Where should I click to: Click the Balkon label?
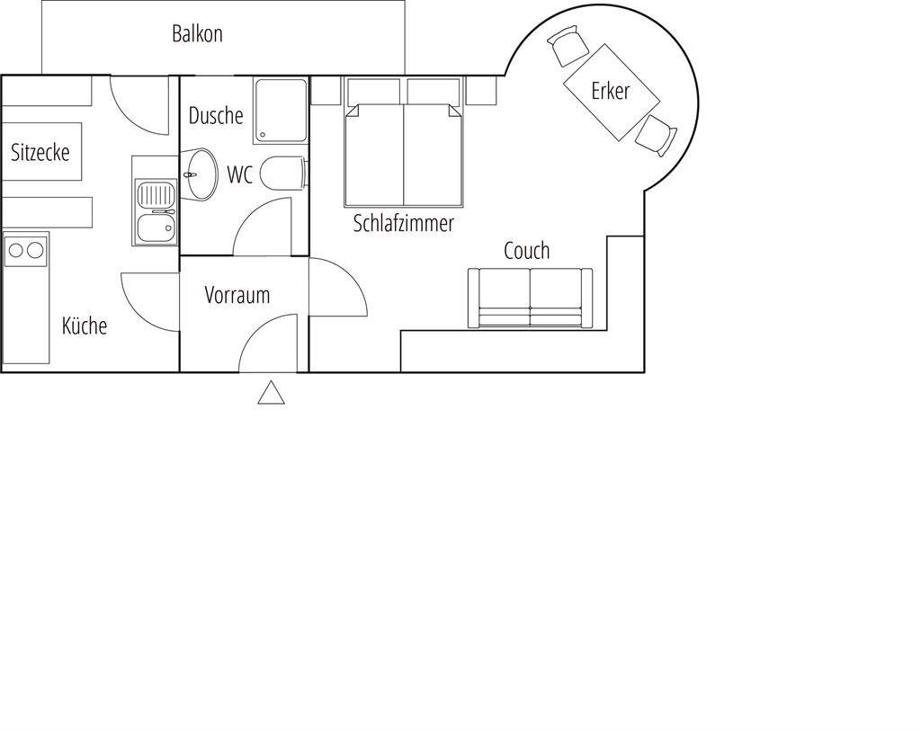tap(197, 34)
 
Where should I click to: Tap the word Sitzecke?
tap(40, 153)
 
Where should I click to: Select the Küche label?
tap(85, 325)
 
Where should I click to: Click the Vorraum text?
tap(237, 295)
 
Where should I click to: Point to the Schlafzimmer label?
tap(404, 223)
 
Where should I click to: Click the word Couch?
tap(527, 251)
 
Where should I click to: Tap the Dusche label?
tap(216, 116)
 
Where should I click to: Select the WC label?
tap(239, 174)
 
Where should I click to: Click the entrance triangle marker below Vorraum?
tap(272, 392)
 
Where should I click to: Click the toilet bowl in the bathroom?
tap(282, 174)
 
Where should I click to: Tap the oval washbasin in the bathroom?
tap(199, 174)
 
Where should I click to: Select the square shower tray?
tap(281, 111)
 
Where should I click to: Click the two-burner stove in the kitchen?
tap(26, 250)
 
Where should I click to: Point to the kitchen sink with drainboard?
tap(156, 211)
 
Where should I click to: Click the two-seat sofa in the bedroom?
tap(530, 298)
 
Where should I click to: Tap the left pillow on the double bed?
tap(373, 92)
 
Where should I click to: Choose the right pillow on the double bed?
tap(434, 92)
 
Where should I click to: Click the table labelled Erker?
tap(612, 93)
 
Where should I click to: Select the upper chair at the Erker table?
tap(568, 45)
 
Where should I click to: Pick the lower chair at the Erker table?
tap(656, 136)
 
